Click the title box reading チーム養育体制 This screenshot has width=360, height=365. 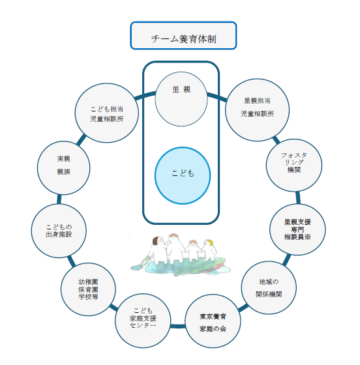pyautogui.click(x=183, y=36)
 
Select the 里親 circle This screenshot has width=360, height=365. pyautogui.click(x=181, y=99)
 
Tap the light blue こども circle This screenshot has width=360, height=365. pyautogui.click(x=183, y=176)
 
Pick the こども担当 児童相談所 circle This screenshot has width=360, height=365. pyautogui.click(x=107, y=113)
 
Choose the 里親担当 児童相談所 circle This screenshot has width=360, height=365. pyautogui.click(x=258, y=110)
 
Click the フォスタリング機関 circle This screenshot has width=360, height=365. pyautogui.click(x=294, y=166)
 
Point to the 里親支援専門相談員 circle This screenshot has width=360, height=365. pyautogui.click(x=297, y=229)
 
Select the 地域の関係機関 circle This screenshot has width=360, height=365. pyautogui.click(x=269, y=287)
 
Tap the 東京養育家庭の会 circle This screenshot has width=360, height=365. pyautogui.click(x=213, y=321)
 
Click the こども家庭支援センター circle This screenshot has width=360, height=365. pyautogui.click(x=143, y=321)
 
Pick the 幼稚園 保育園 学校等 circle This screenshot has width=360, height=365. pyautogui.click(x=88, y=289)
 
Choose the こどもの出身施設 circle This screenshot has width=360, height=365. pyautogui.click(x=59, y=231)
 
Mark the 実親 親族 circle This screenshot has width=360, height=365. pyautogui.click(x=63, y=168)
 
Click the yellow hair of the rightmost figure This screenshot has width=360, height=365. pyautogui.click(x=210, y=242)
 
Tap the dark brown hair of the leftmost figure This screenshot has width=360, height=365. pyautogui.click(x=155, y=241)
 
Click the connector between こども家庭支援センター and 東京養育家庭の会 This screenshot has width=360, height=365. pyautogui.click(x=178, y=326)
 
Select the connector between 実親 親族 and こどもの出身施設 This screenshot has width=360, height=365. pyautogui.click(x=59, y=199)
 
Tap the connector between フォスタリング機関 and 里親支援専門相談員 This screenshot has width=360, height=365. pyautogui.click(x=298, y=197)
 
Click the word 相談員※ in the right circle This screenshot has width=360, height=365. pyautogui.click(x=297, y=237)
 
